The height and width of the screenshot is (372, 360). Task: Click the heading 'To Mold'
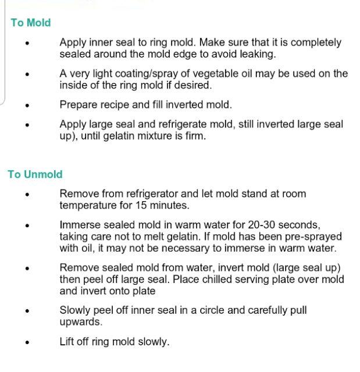point(30,23)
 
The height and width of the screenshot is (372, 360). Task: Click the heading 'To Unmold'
point(35,174)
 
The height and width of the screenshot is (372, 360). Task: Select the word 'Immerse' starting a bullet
point(80,225)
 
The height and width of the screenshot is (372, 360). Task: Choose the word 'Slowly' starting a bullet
point(77,310)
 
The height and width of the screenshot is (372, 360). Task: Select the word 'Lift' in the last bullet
point(68,342)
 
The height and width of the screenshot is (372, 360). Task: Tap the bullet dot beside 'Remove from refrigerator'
point(27,195)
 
